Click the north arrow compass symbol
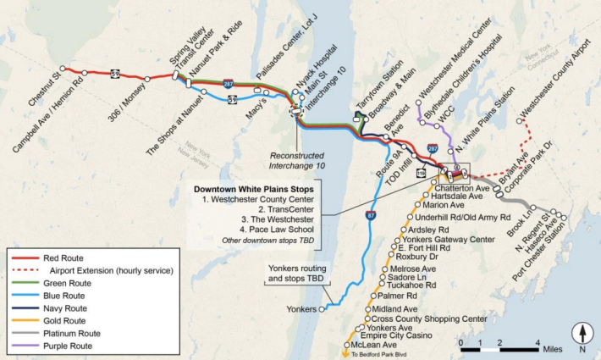tap(582, 335)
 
